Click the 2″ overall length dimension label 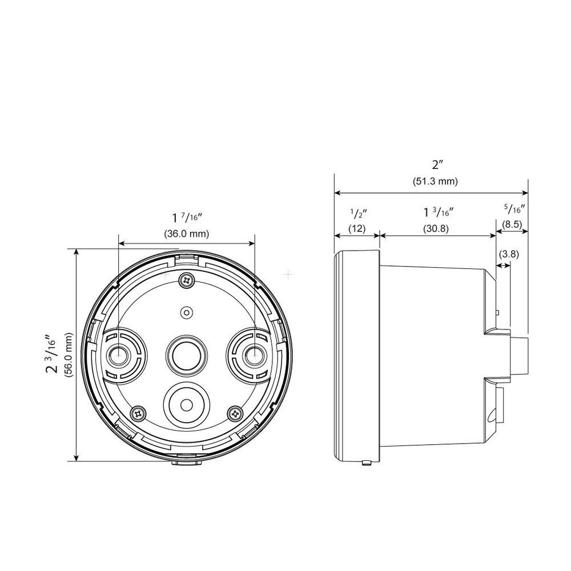pos(438,165)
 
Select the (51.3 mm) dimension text pos(436,182)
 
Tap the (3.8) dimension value pos(508,254)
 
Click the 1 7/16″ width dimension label pos(187,218)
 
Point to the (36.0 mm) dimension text pos(187,234)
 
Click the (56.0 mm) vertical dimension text pos(69,355)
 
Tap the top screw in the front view pos(186,279)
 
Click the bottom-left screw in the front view pos(137,412)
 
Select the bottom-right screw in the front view pos(235,412)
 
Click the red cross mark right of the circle pos(288,275)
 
